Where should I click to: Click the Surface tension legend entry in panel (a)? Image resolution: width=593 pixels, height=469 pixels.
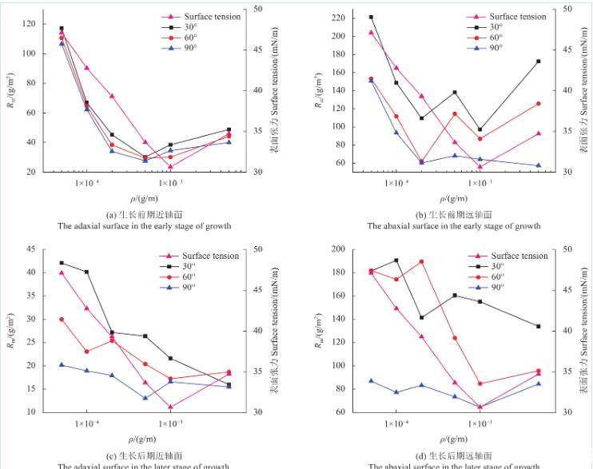click(x=212, y=17)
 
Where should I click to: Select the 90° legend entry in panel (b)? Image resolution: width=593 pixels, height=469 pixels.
click(x=495, y=47)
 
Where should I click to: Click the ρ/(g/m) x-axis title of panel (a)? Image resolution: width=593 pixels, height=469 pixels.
click(x=144, y=198)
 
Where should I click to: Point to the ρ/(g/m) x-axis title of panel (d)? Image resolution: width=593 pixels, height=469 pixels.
click(x=454, y=439)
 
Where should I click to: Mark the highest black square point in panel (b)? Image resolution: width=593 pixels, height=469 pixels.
click(x=371, y=17)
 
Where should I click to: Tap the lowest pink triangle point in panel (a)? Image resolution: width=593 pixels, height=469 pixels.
click(x=171, y=166)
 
